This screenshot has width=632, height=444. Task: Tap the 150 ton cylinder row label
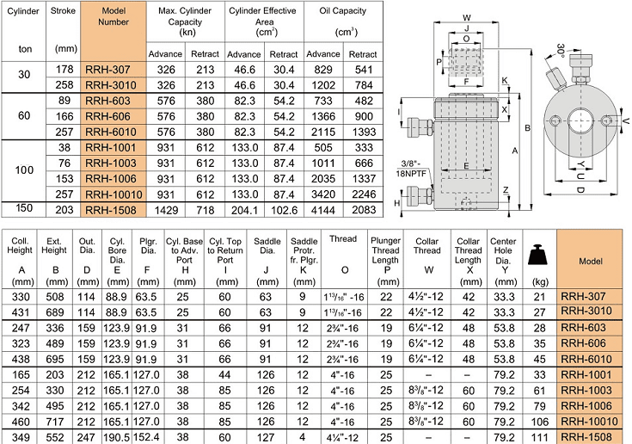[24, 209]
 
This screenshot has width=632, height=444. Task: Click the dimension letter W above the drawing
[465, 16]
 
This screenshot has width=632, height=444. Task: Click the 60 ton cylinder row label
[24, 115]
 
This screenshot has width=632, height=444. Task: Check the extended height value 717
[54, 421]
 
